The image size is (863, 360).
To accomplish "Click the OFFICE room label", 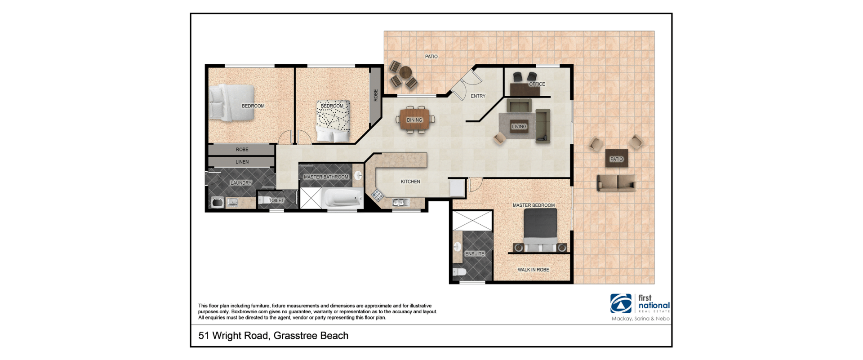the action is pos(537,84).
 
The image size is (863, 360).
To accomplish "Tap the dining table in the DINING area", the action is pos(415,120).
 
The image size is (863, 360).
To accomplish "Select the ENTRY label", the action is pos(478,96).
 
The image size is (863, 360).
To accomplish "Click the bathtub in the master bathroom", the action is pos(343,198).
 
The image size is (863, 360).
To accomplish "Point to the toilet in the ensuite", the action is pos(459,271).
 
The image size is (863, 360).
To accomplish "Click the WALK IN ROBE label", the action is pos(533,270).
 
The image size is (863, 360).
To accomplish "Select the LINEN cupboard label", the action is pos(242,162).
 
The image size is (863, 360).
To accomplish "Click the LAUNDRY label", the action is pos(241,183).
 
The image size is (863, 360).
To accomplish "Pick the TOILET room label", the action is pos(276,200).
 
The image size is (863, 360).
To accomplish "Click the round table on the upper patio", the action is pos(405,72).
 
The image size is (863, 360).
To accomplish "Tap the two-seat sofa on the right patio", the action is pos(616,183).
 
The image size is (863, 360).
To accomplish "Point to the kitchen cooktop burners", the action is pos(377,195).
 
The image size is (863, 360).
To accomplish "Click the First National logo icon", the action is pos(621,303).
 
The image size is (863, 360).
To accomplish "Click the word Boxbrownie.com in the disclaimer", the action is pos(249,311).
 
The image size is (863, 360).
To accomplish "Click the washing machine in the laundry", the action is pos(218,202).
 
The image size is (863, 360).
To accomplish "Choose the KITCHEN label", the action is pos(410,182).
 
